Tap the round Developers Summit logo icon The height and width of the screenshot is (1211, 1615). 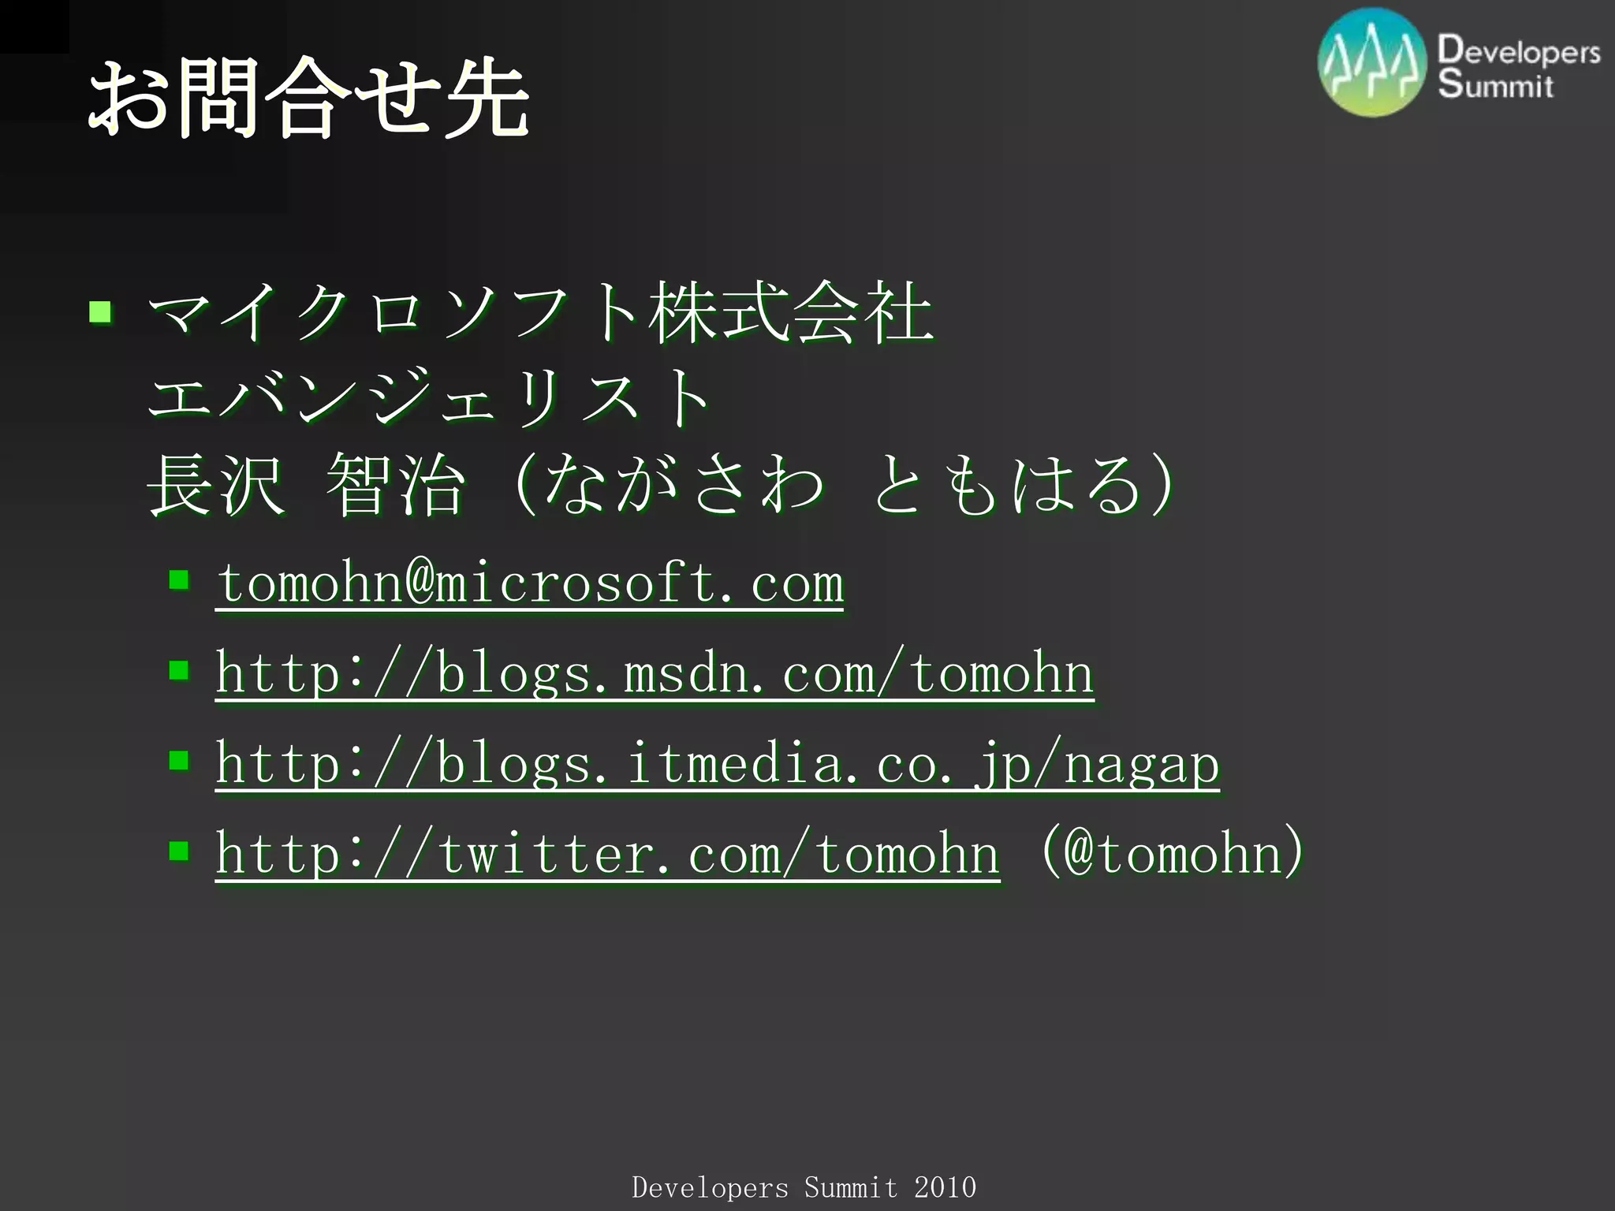click(x=1372, y=63)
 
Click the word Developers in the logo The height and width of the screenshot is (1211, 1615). click(x=1519, y=50)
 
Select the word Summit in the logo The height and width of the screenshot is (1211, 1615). click(x=1495, y=84)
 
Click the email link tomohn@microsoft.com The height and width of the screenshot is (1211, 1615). click(x=530, y=583)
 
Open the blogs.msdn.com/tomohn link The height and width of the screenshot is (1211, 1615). click(x=655, y=674)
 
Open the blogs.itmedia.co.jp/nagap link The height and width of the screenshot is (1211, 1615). click(x=718, y=764)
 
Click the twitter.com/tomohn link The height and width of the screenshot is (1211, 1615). click(x=607, y=854)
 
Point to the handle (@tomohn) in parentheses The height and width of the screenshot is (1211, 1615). click(x=1173, y=852)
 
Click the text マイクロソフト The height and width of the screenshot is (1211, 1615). click(x=394, y=314)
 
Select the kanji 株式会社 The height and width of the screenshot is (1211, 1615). click(x=791, y=314)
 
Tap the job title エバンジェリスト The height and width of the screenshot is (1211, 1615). click(x=430, y=397)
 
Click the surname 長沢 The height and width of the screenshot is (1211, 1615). click(x=215, y=485)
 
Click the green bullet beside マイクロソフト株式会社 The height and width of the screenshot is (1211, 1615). click(x=100, y=313)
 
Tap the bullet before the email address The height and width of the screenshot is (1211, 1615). click(x=179, y=581)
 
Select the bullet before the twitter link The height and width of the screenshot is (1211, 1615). click(x=179, y=851)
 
